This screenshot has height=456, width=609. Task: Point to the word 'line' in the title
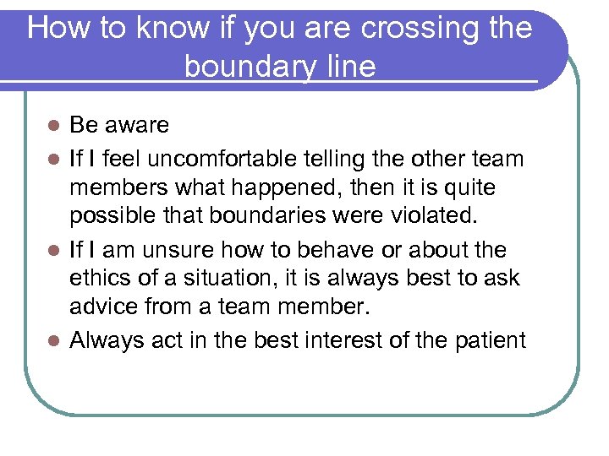(x=349, y=66)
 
